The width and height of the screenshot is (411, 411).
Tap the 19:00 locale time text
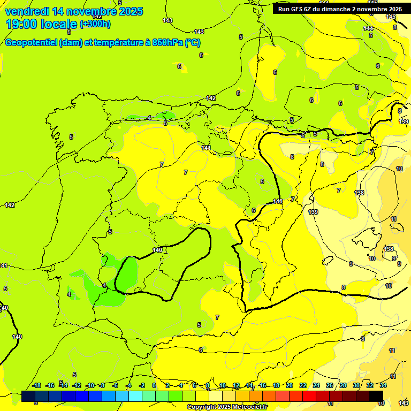[41, 24]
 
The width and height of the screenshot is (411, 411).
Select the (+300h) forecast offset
[95, 24]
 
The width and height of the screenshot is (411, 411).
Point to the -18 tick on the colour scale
[36, 385]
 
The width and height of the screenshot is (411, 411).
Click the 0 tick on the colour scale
[154, 385]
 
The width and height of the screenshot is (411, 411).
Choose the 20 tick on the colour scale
[289, 385]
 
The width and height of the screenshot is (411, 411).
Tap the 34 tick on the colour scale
[383, 385]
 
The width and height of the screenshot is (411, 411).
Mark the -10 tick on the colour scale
[90, 385]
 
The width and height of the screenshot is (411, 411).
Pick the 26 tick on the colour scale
[329, 385]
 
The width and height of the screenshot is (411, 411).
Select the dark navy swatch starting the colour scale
[28, 397]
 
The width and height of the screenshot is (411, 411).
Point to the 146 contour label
[390, 17]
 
